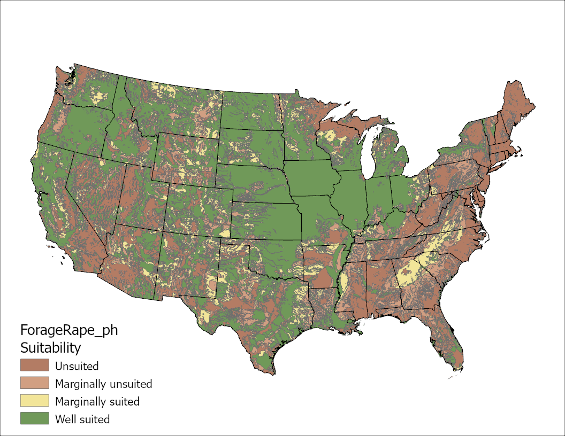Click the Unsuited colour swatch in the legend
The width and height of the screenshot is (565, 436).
pyautogui.click(x=35, y=366)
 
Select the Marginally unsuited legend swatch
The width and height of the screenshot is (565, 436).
pyautogui.click(x=35, y=384)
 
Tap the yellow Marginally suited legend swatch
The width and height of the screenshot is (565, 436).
pyautogui.click(x=35, y=401)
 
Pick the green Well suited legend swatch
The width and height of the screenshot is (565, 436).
pyautogui.click(x=35, y=419)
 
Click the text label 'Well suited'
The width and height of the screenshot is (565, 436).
pyautogui.click(x=82, y=419)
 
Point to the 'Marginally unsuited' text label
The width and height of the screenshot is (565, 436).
pyautogui.click(x=103, y=384)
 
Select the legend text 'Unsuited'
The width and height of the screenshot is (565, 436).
pyautogui.click(x=77, y=367)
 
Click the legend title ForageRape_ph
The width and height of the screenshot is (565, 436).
pyautogui.click(x=68, y=330)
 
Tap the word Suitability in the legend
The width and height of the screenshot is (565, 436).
pyautogui.click(x=50, y=348)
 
